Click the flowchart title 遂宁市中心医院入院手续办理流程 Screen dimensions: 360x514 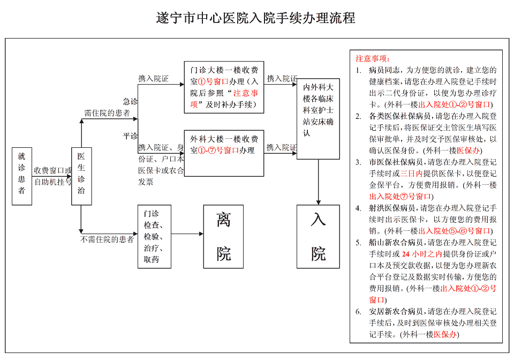255,18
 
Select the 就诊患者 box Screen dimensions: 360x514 21,176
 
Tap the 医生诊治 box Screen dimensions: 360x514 81,176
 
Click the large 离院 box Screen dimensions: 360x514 223,236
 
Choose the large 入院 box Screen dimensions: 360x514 318,236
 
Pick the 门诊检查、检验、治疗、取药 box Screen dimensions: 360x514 155,236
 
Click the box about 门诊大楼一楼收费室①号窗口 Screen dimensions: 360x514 224,87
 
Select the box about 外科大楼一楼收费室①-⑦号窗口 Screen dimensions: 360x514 224,152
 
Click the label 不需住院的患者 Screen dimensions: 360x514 107,239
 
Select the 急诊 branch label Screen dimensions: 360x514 130,101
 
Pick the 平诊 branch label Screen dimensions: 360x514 130,136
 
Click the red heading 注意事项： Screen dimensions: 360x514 373,58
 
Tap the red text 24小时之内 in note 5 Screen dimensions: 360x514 422,254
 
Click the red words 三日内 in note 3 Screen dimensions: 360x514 411,174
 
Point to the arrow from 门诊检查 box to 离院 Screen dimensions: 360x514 187,234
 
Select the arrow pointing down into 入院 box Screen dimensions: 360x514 318,182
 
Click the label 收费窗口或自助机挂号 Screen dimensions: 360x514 52,176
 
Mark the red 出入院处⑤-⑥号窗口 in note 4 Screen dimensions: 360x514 455,231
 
